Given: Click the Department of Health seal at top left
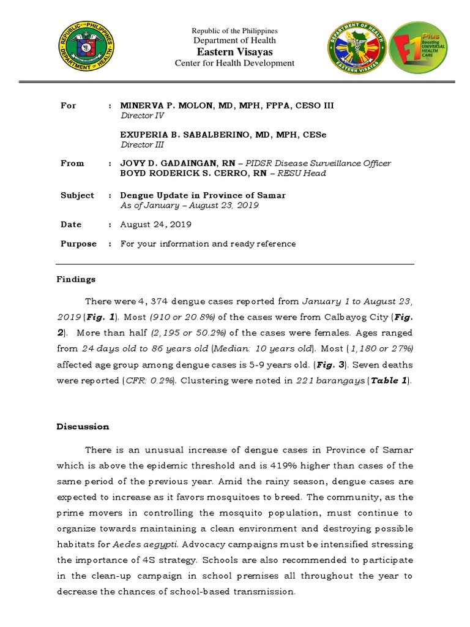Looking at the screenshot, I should (x=86, y=48).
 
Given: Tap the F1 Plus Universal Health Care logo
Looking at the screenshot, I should (x=418, y=48).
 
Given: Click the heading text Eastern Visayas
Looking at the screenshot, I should (x=234, y=52).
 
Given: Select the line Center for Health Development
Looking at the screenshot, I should (x=234, y=63).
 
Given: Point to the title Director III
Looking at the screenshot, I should (x=136, y=145).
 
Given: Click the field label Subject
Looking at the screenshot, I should (x=77, y=195).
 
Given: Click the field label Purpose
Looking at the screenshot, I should (x=78, y=244).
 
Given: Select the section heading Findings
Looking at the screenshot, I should (x=76, y=279).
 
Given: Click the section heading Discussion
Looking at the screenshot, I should (x=83, y=427).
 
